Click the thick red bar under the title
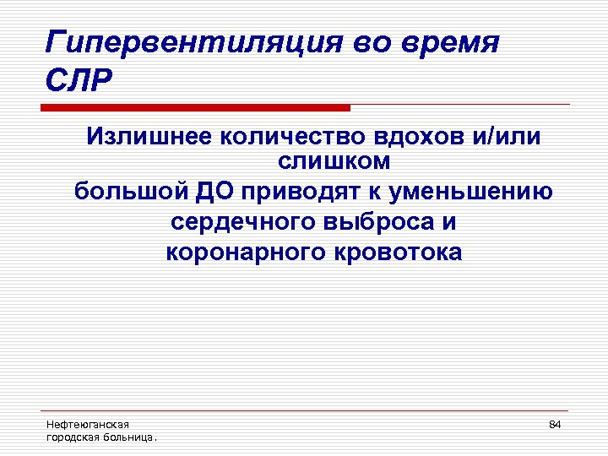[x=195, y=107]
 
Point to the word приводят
[x=300, y=192]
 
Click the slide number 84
[x=555, y=424]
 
